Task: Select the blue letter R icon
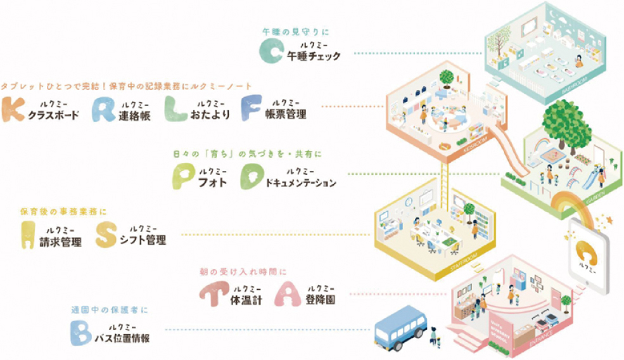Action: (103, 109)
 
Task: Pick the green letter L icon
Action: (177, 109)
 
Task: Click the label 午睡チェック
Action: (314, 56)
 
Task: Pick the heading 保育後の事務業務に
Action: (63, 211)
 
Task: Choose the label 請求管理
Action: (61, 241)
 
